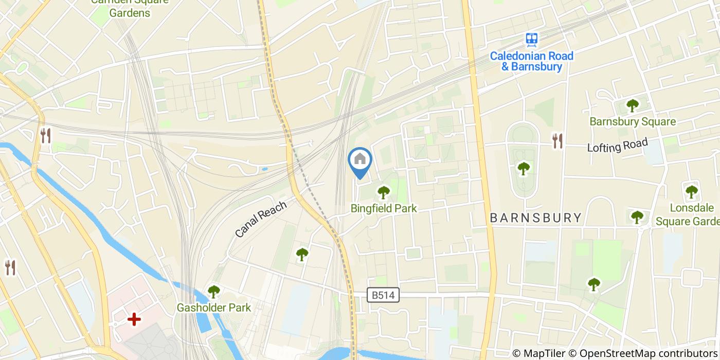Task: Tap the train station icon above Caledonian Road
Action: (x=532, y=39)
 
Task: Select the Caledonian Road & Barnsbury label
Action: (x=531, y=61)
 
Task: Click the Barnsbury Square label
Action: (x=633, y=122)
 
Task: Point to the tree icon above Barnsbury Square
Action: (x=632, y=105)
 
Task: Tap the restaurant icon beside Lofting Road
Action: (x=557, y=140)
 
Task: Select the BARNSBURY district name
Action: (x=535, y=218)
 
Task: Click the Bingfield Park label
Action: (x=384, y=208)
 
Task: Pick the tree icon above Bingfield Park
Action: (x=384, y=192)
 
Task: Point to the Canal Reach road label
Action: (x=260, y=219)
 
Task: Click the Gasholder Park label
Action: (x=214, y=308)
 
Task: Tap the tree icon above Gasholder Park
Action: (x=214, y=292)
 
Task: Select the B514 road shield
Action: (x=384, y=295)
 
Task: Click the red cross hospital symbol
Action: (x=134, y=320)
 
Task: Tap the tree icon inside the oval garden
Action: (x=524, y=168)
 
